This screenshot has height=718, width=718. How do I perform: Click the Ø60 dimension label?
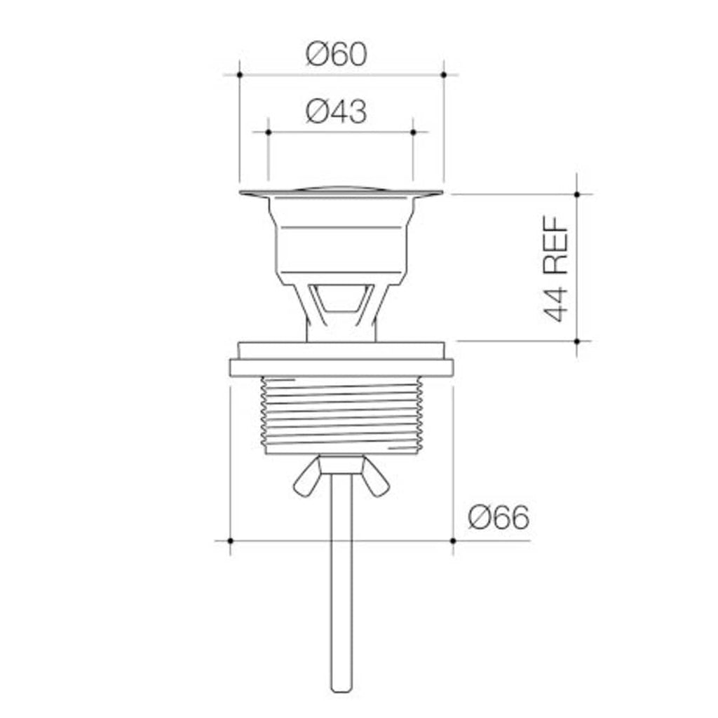pyautogui.click(x=337, y=54)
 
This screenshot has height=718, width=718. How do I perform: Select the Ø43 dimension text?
pyautogui.click(x=337, y=111)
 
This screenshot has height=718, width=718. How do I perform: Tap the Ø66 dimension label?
pyautogui.click(x=499, y=519)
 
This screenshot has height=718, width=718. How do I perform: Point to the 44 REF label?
pyautogui.click(x=557, y=269)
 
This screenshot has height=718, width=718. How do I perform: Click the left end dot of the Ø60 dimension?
pyautogui.click(x=240, y=74)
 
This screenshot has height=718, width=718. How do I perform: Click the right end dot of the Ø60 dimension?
pyautogui.click(x=444, y=74)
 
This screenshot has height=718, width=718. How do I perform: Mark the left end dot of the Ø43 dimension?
pyautogui.click(x=269, y=132)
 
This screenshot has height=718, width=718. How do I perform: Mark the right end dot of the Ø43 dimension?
pyautogui.click(x=413, y=132)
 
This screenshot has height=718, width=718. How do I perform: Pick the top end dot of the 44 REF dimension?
pyautogui.click(x=577, y=194)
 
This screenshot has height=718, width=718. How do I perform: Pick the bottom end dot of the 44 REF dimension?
pyautogui.click(x=577, y=341)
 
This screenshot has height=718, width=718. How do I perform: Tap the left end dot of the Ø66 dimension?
pyautogui.click(x=230, y=541)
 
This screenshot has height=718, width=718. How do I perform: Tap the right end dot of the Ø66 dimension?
pyautogui.click(x=453, y=541)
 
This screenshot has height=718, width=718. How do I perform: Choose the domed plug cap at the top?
pyautogui.click(x=341, y=189)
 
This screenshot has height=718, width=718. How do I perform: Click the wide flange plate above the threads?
pyautogui.click(x=341, y=367)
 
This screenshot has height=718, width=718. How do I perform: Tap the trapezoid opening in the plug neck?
pyautogui.click(x=341, y=297)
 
